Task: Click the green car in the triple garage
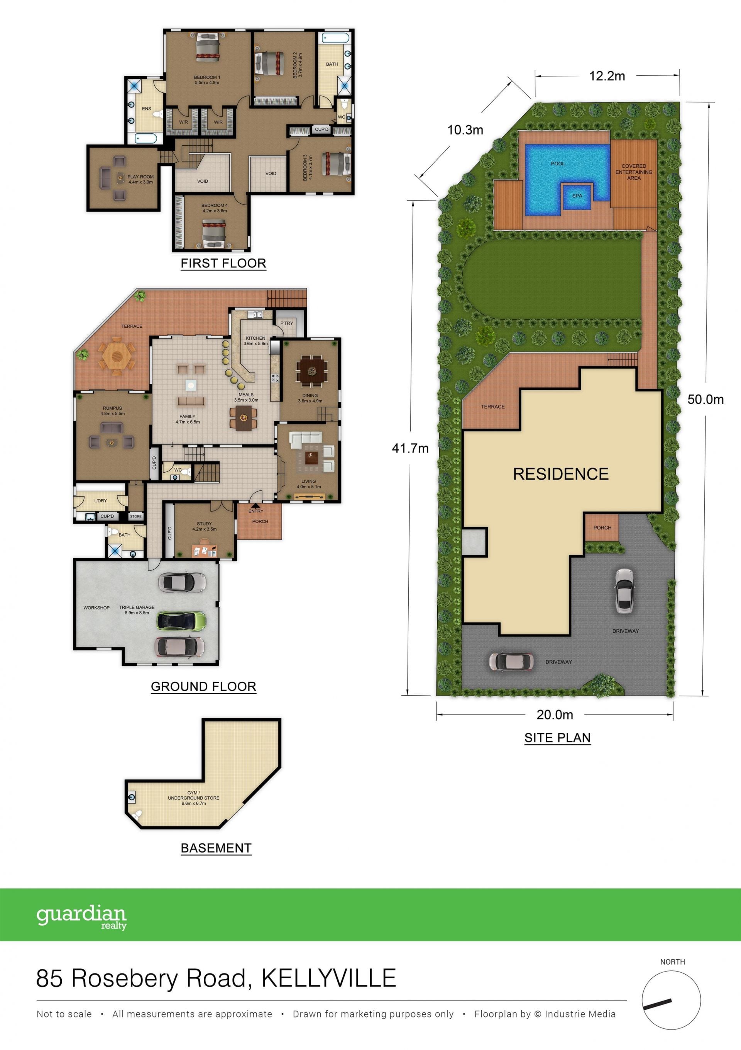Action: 181,621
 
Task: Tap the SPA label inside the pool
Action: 577,196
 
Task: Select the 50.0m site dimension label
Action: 705,399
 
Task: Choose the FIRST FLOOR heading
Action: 223,264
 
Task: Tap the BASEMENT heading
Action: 216,848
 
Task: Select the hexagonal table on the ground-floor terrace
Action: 117,357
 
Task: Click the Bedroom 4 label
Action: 214,208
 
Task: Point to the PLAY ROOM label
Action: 140,179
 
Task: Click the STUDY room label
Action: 204,526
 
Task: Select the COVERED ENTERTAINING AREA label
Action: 634,172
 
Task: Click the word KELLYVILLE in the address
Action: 328,978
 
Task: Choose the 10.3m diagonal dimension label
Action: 465,130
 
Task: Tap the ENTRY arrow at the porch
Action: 255,506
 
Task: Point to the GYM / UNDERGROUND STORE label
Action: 193,798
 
